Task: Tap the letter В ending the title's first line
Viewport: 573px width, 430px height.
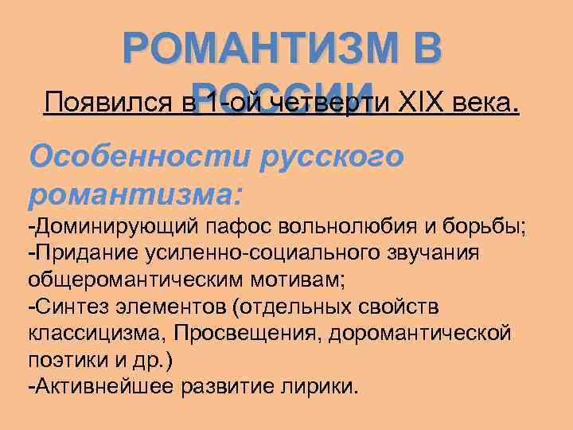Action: tap(422, 47)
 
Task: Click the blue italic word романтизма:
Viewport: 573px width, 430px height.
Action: tap(136, 193)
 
